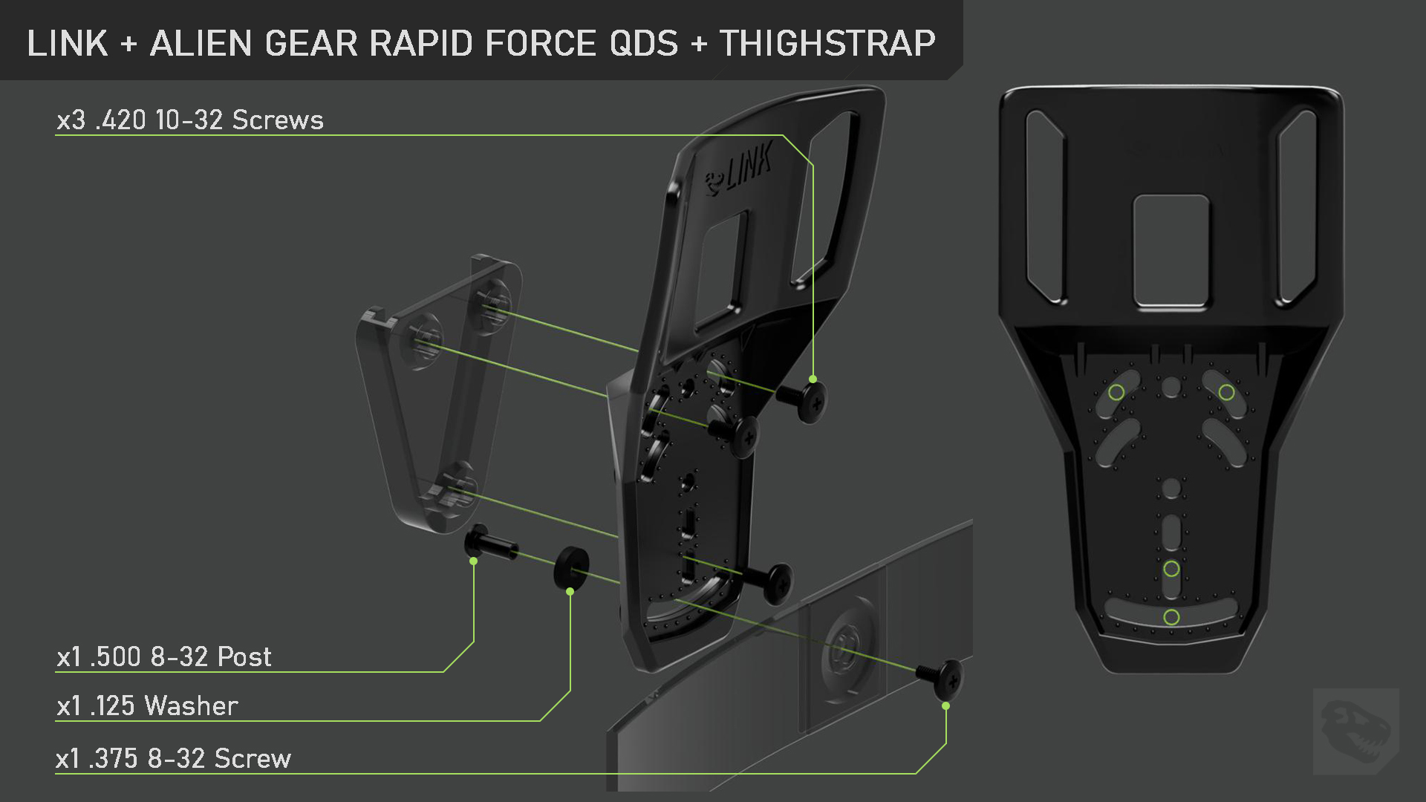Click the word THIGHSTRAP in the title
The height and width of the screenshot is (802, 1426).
(827, 43)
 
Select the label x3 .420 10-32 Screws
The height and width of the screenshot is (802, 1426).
(190, 120)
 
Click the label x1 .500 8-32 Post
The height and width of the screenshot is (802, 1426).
(164, 657)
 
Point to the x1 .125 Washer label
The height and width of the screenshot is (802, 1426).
(147, 706)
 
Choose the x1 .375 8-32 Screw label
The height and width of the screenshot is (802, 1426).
(174, 759)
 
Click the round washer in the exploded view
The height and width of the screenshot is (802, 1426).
(571, 567)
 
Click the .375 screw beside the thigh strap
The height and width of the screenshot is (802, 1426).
(943, 677)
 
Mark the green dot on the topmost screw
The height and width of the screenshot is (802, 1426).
(813, 379)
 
